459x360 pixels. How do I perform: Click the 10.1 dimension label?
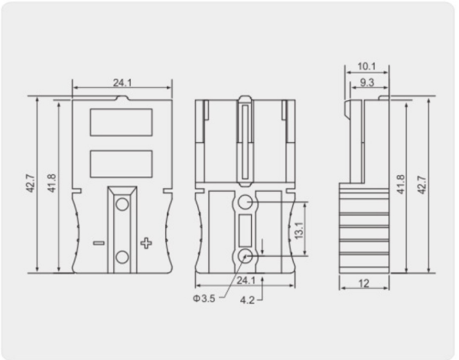[366, 66]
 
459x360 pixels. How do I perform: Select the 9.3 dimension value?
[367, 83]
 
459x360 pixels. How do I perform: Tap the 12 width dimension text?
[364, 284]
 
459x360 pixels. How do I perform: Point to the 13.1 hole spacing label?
[299, 230]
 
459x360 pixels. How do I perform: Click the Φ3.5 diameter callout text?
[204, 299]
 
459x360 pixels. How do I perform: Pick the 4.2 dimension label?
[247, 300]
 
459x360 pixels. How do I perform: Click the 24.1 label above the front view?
[122, 83]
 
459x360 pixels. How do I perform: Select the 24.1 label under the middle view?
[246, 281]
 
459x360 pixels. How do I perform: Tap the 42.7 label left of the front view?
[31, 183]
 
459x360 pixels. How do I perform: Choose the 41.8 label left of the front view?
[51, 183]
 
